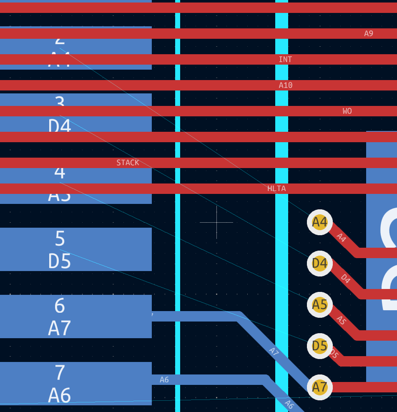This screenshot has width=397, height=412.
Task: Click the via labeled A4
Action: (x=320, y=222)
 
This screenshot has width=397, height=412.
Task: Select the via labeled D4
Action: (x=320, y=264)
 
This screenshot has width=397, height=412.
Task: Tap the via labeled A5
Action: (x=320, y=305)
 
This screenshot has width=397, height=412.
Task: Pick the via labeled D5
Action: (x=320, y=346)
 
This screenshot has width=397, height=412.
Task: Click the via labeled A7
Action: (x=320, y=387)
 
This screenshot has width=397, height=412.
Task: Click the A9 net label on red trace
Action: (x=369, y=34)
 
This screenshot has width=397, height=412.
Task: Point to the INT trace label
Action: (x=285, y=60)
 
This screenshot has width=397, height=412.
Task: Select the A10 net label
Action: (x=286, y=85)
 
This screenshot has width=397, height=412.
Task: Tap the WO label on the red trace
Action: (x=347, y=111)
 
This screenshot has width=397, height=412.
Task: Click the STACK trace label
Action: (x=128, y=163)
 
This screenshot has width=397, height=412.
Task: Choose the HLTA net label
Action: (x=276, y=189)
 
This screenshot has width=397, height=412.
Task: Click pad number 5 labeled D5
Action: (x=60, y=250)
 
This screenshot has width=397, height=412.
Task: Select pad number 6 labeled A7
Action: (x=60, y=317)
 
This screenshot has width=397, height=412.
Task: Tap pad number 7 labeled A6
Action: (x=60, y=384)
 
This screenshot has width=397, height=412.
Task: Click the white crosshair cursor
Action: (x=216, y=222)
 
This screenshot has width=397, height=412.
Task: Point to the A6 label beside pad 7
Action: (x=164, y=380)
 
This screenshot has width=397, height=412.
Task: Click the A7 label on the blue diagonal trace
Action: (x=274, y=352)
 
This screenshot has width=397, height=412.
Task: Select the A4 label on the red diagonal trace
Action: (x=342, y=238)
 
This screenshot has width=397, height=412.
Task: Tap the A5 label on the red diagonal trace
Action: (x=342, y=320)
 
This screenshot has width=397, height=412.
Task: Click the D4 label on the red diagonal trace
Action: (x=345, y=279)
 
